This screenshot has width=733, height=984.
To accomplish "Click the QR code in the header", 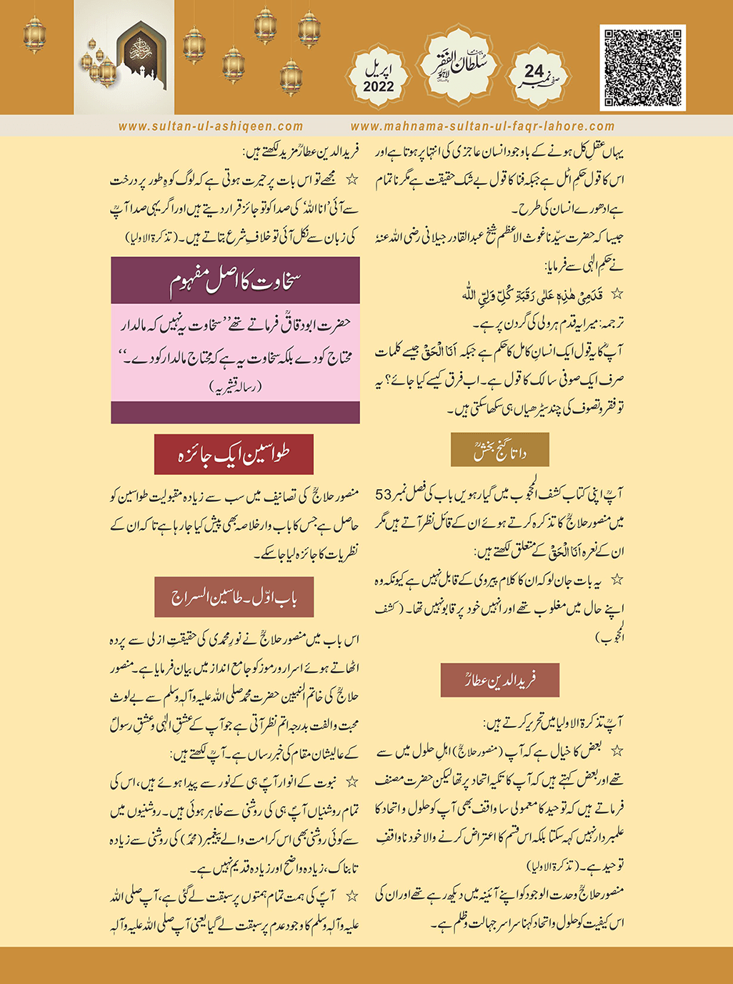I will (x=642, y=68).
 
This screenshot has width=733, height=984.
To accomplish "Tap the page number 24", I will (x=534, y=72).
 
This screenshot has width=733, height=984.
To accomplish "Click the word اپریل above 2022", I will (x=379, y=70).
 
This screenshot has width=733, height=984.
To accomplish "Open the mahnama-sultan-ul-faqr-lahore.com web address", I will (x=482, y=127).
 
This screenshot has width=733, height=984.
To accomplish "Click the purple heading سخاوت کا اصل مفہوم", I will (x=235, y=281).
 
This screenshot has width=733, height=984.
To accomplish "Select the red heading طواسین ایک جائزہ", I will (x=234, y=454).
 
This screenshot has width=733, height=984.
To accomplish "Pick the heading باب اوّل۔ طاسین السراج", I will (x=235, y=597).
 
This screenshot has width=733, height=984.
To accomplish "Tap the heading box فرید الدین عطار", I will (x=499, y=680).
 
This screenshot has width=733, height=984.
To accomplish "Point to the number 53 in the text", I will (x=384, y=495).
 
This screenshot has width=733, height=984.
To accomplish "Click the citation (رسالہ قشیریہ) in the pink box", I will (x=236, y=387).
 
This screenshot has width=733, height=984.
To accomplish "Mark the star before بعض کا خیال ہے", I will (x=617, y=751).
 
